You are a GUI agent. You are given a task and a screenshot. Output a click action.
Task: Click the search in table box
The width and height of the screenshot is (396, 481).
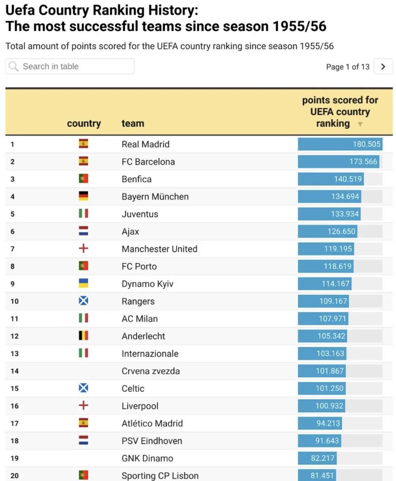[x=70, y=66]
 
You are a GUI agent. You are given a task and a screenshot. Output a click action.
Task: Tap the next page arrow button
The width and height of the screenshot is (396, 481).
[x=383, y=66]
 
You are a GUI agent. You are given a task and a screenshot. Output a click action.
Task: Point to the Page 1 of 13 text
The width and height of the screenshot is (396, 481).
[x=347, y=67]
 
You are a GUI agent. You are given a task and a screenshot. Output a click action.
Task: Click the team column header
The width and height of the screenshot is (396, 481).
[x=133, y=124]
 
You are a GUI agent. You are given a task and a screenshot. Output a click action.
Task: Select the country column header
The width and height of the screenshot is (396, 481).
[x=84, y=124]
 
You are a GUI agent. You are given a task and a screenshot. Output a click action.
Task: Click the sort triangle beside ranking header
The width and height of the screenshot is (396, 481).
[x=360, y=124]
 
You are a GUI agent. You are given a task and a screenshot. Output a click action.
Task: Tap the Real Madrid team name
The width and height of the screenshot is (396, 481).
[x=146, y=144]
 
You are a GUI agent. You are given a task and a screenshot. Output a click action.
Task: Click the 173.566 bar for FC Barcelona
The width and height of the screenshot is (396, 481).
[x=338, y=162]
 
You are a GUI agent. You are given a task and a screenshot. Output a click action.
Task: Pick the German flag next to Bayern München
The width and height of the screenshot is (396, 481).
[x=84, y=196]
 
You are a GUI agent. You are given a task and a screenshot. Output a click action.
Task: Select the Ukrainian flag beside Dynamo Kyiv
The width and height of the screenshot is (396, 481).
[x=84, y=284]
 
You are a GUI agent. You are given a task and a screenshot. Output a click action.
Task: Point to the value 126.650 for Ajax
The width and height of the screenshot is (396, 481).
[x=341, y=232]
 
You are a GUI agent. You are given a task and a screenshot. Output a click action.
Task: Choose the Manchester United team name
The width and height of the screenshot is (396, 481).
[x=159, y=249]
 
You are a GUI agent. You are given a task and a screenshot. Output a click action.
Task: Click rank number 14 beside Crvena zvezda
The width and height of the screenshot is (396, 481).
[x=15, y=371]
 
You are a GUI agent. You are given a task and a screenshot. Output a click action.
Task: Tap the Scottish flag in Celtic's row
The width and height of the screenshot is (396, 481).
[x=84, y=388]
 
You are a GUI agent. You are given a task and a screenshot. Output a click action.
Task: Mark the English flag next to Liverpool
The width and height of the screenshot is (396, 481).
[x=84, y=406]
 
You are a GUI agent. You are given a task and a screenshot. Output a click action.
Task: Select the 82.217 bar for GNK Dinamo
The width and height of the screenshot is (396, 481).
[x=317, y=458]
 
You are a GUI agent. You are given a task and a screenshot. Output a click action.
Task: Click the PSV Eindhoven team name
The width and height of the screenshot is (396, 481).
[x=152, y=441]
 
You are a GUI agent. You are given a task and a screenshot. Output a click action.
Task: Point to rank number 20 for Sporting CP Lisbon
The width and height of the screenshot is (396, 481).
[x=15, y=476]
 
